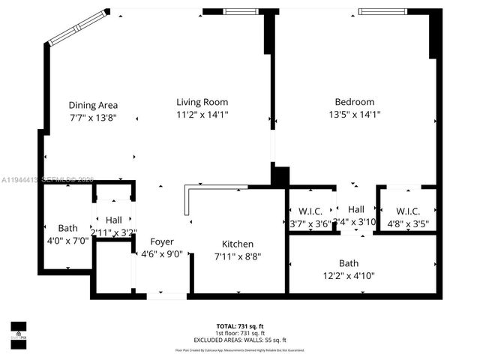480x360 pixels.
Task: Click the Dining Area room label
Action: click(x=93, y=105)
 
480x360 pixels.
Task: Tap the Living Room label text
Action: click(x=202, y=102)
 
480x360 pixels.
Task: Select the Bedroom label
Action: click(x=354, y=102)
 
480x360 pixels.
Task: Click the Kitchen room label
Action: click(x=238, y=244)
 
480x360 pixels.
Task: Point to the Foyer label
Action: click(x=162, y=241)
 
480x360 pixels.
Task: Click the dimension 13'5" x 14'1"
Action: click(x=354, y=115)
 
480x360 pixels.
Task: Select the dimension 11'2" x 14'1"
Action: click(x=202, y=115)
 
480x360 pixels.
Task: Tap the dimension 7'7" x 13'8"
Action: click(x=93, y=118)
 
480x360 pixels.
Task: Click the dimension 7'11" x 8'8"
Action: click(x=238, y=256)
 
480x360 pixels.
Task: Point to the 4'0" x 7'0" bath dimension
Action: click(x=67, y=241)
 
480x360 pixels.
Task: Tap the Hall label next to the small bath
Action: click(x=114, y=220)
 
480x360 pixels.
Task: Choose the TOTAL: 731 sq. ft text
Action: click(x=239, y=326)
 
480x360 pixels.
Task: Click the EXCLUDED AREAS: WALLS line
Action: click(x=239, y=340)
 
